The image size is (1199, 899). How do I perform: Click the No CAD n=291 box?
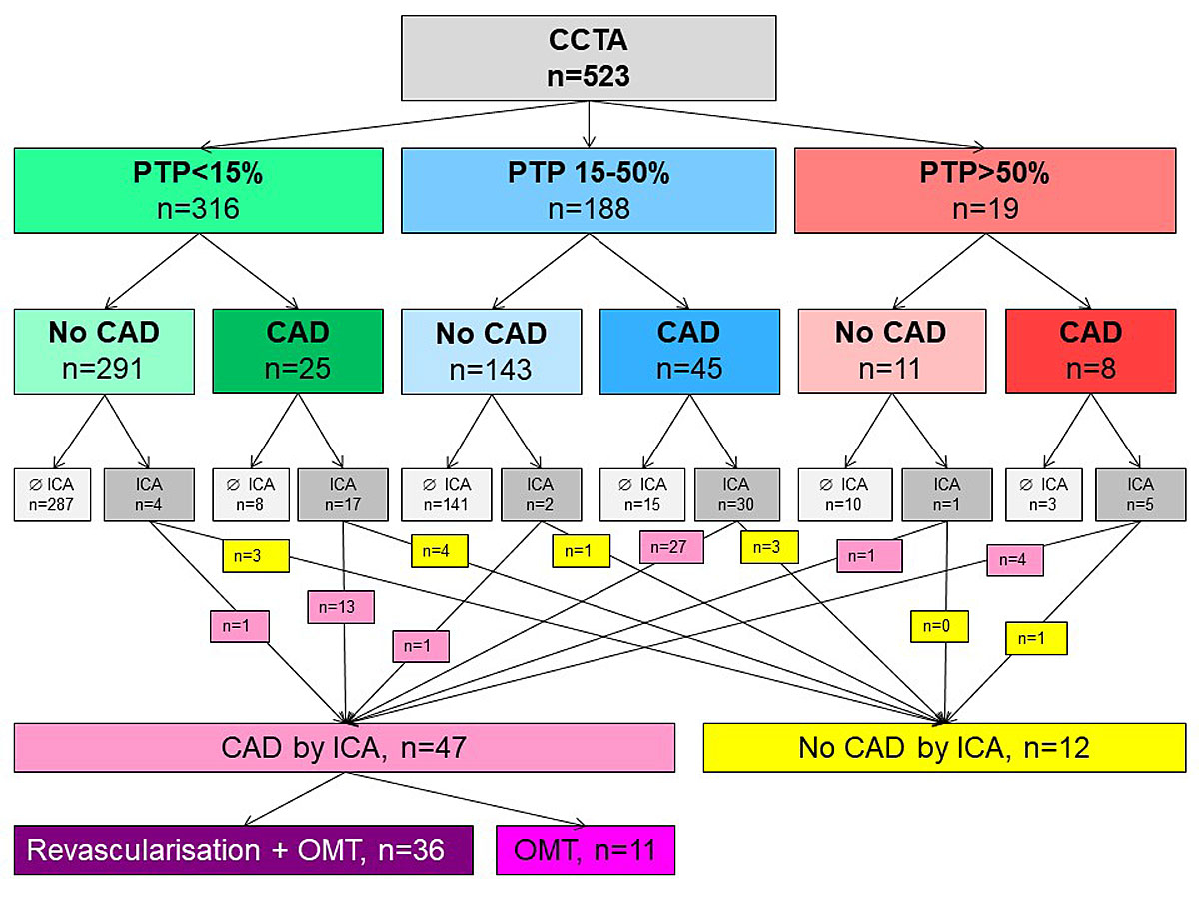tap(105, 351)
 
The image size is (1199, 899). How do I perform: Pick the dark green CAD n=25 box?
tap(297, 351)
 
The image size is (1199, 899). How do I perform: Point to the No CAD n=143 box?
tap(491, 351)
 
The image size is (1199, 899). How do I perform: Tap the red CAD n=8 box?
tap(1091, 351)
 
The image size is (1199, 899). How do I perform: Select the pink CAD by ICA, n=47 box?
tap(345, 748)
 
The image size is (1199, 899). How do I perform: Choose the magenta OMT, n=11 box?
tap(586, 850)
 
